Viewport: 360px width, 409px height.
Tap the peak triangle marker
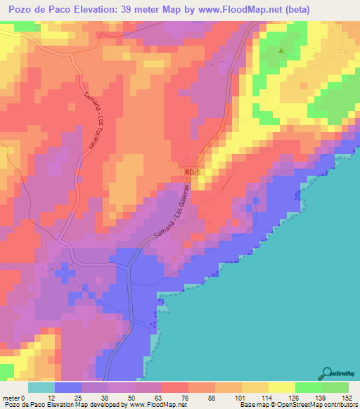pos(282,51)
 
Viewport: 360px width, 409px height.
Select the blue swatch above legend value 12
pos(68,387)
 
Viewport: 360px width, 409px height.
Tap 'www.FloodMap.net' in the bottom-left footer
pos(155,404)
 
